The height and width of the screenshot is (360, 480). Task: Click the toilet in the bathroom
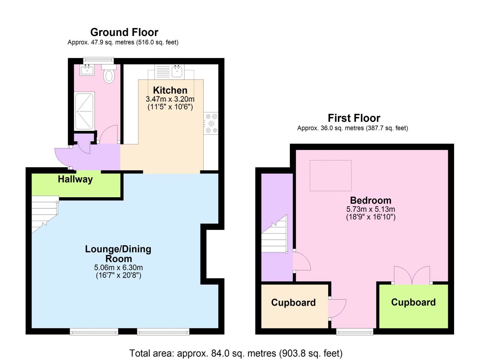click(x=109, y=73)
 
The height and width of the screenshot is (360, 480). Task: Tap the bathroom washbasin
click(x=87, y=70)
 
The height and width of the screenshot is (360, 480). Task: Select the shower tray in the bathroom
click(x=85, y=111)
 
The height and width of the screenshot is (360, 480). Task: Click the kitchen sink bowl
click(x=177, y=71)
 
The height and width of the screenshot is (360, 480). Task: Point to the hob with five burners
click(x=211, y=123)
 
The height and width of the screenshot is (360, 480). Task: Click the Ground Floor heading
click(x=124, y=32)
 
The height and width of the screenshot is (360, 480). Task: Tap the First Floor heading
click(x=354, y=118)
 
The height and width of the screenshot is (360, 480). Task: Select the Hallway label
click(x=75, y=179)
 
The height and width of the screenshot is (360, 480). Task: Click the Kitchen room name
click(x=170, y=90)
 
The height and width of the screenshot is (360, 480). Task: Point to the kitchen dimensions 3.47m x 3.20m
click(x=170, y=99)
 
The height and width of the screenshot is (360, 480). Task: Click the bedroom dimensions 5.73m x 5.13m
click(x=370, y=209)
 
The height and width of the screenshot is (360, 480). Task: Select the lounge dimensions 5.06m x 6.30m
click(x=118, y=267)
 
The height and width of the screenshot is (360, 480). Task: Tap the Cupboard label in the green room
click(x=413, y=302)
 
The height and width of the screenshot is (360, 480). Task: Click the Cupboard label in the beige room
click(x=294, y=303)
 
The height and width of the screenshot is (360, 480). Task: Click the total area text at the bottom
click(x=236, y=353)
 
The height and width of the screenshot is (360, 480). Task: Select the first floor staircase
click(x=274, y=234)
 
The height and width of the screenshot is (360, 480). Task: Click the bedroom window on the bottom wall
click(x=355, y=332)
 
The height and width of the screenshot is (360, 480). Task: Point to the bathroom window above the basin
click(x=98, y=60)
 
